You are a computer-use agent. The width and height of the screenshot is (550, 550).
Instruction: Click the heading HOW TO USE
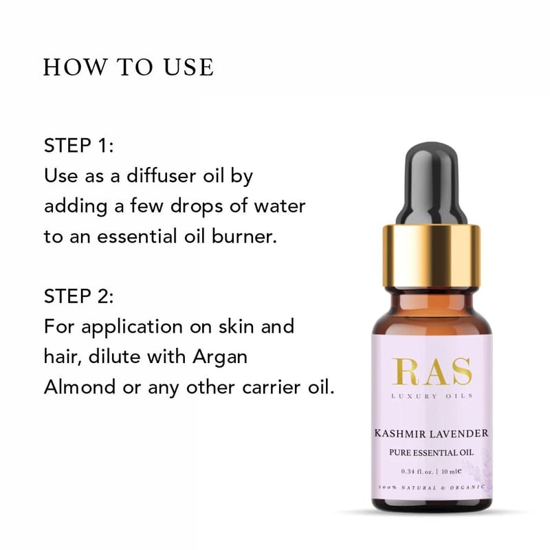(x=129, y=67)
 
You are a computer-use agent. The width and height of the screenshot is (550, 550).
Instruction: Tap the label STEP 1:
(x=79, y=145)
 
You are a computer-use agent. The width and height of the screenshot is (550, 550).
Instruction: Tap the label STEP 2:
(x=79, y=296)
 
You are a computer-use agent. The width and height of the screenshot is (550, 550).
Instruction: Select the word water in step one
(x=280, y=206)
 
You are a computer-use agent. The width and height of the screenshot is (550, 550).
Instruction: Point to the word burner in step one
(x=244, y=236)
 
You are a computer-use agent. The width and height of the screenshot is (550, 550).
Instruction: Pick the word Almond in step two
(x=80, y=387)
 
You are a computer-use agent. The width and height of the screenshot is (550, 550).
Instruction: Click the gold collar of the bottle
(x=431, y=256)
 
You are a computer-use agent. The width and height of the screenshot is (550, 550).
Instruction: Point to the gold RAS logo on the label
(x=432, y=371)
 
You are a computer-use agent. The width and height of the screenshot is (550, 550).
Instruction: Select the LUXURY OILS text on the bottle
(x=432, y=396)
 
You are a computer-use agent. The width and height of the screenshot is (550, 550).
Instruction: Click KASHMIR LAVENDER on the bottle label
(x=431, y=434)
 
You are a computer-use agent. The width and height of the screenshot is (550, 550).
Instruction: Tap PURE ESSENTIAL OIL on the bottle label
(x=431, y=452)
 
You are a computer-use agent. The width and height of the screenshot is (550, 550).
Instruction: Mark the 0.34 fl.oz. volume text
(x=417, y=472)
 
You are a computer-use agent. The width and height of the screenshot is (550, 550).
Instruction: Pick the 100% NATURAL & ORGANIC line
(x=432, y=487)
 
